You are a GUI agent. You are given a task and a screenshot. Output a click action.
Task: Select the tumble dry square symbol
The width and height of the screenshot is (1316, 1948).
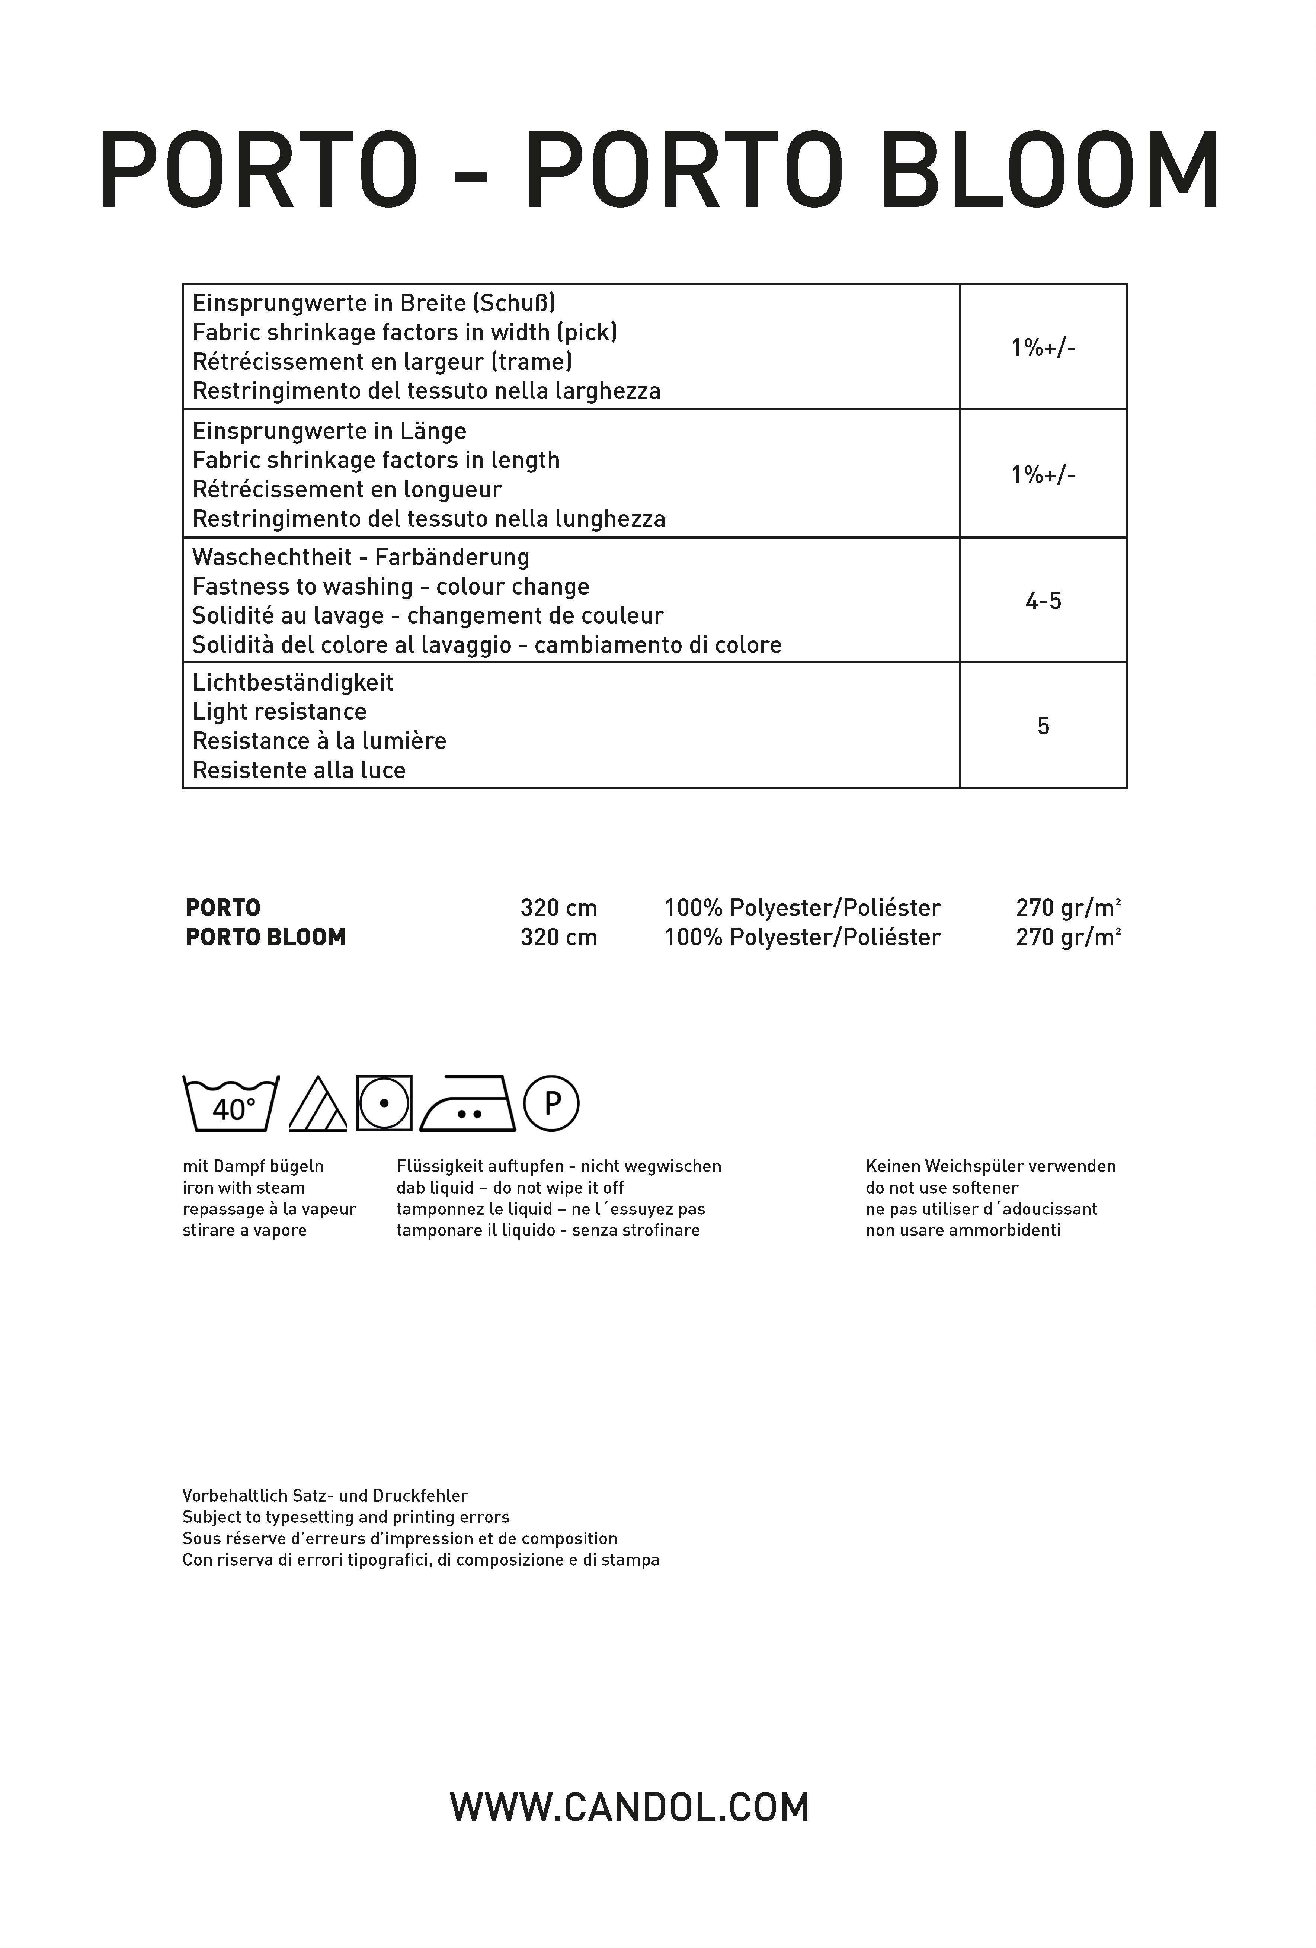click(x=384, y=1103)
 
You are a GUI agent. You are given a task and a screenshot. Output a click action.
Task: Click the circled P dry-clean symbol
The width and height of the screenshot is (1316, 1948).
click(x=551, y=1103)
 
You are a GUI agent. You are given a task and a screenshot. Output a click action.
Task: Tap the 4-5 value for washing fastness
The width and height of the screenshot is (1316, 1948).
click(x=1043, y=601)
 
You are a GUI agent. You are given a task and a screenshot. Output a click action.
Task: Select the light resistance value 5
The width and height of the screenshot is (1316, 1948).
click(x=1043, y=726)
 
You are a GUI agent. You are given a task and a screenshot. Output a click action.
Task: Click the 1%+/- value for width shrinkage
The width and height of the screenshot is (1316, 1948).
click(x=1043, y=347)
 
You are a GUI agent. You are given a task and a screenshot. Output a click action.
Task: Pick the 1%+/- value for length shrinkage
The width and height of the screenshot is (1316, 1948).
click(x=1043, y=474)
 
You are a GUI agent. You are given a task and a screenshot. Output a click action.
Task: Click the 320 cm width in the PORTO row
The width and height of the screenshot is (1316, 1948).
click(x=558, y=908)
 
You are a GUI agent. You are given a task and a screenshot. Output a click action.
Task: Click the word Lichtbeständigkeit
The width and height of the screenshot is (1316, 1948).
click(x=292, y=682)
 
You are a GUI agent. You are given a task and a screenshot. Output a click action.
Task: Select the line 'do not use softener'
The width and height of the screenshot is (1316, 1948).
click(x=941, y=1188)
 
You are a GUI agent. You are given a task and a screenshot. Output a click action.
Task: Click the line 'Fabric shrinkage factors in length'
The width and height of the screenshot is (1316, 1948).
click(x=375, y=460)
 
